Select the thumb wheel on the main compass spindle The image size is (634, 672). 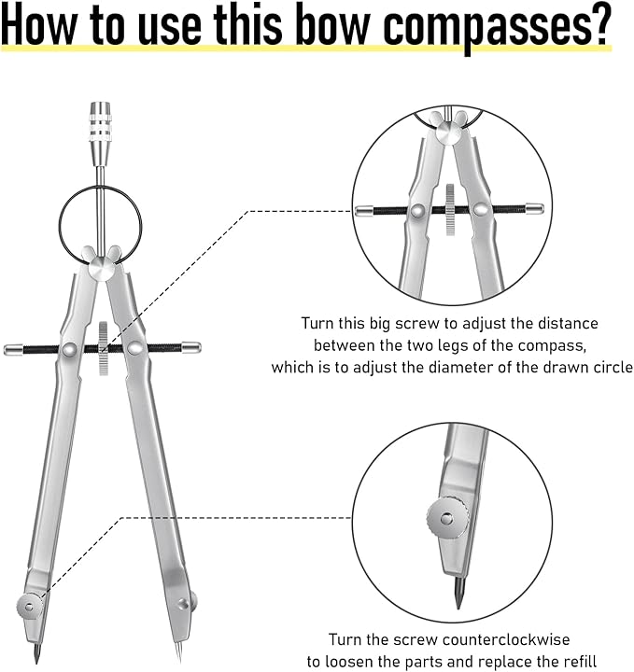[103, 348]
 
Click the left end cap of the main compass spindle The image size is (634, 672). [14, 349]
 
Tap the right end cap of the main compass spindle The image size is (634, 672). [190, 346]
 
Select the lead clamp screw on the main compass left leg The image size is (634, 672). [30, 607]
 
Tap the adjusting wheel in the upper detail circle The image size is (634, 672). [450, 210]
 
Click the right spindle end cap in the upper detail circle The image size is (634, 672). [534, 208]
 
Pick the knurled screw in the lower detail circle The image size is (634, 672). [447, 518]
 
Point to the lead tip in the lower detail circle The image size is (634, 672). [458, 593]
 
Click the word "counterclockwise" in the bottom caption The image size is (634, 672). [506, 639]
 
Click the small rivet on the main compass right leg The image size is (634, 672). [183, 603]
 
